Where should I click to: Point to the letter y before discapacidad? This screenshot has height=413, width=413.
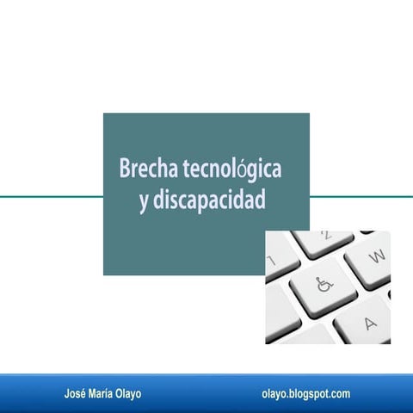point(143,201)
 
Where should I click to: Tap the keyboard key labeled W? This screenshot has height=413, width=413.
point(374,256)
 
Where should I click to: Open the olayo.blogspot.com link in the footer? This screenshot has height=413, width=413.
point(305,393)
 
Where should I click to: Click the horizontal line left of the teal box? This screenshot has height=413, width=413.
point(52,196)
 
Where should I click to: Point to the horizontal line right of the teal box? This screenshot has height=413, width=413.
point(361,196)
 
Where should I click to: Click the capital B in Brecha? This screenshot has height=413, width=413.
point(125,169)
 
